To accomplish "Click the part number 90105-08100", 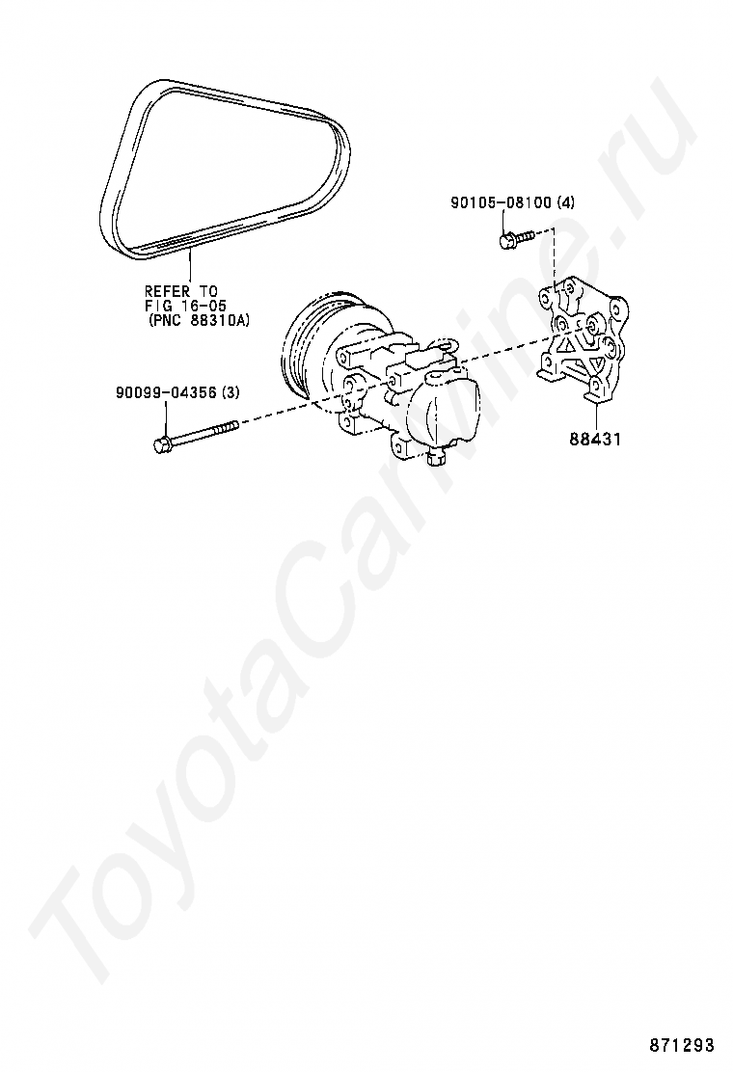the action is tap(502, 202).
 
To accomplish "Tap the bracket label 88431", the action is tap(596, 439).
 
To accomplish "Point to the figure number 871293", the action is tap(681, 1046).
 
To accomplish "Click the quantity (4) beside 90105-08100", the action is tap(566, 202).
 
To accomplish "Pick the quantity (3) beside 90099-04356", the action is tap(231, 392).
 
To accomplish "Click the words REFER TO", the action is tap(180, 291).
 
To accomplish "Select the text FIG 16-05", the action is tap(184, 305).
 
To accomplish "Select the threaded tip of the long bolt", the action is tap(227, 427).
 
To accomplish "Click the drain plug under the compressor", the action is tap(435, 458).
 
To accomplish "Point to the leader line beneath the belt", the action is tap(190, 266).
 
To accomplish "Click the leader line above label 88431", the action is tap(596, 415).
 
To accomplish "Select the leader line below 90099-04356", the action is tap(166, 418).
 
